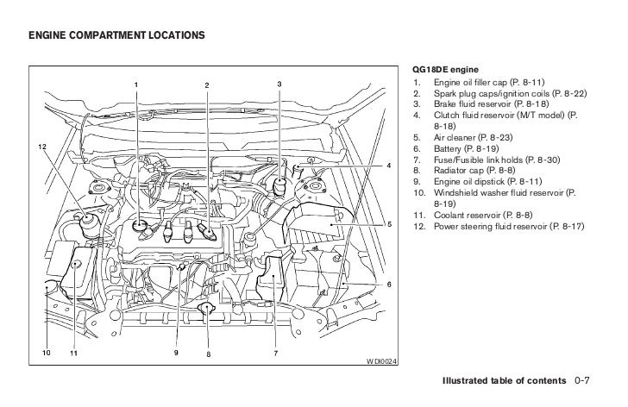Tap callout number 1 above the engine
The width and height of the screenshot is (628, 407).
click(x=135, y=84)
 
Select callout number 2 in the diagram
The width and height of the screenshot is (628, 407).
click(x=207, y=84)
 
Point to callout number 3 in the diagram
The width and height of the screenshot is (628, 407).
click(x=279, y=84)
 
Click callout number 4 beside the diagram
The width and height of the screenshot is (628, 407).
click(x=389, y=165)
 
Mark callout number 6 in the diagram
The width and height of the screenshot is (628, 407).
click(x=389, y=284)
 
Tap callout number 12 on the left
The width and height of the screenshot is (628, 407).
click(x=41, y=147)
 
